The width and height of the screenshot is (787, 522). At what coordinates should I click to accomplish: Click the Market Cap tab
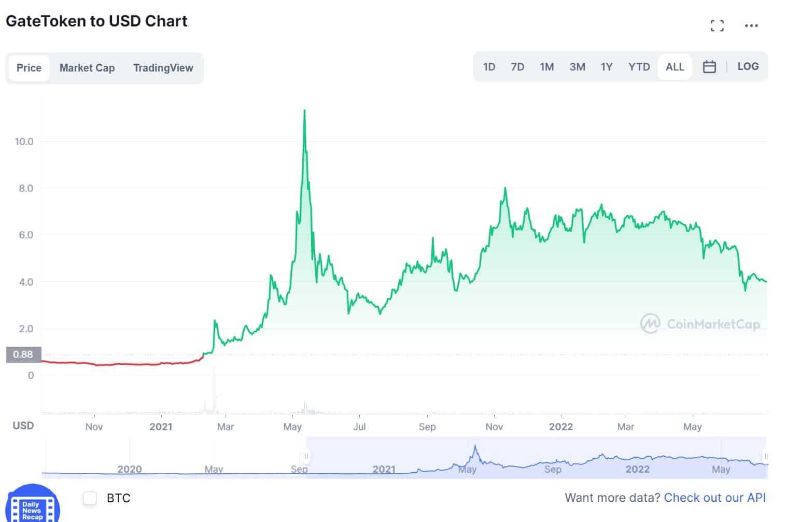pos(87,68)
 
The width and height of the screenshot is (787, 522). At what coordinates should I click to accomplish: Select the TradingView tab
pos(163,68)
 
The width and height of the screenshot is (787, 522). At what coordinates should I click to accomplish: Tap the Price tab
pos(29,68)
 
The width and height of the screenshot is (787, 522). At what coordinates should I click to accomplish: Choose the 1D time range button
pos(489,67)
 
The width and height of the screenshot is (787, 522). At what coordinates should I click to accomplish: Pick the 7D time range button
pos(517,67)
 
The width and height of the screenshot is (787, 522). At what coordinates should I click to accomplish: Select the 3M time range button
pos(577,67)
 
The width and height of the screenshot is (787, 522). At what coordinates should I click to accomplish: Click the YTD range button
pos(639,67)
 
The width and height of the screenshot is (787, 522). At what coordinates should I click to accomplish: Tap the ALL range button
pos(674,67)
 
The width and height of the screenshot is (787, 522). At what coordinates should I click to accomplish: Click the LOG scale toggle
pos(748,66)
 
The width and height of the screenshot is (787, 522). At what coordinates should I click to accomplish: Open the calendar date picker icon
pos(709,67)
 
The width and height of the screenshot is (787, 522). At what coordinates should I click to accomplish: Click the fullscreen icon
pos(717,25)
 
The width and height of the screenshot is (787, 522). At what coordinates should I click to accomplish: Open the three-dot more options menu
pos(751,25)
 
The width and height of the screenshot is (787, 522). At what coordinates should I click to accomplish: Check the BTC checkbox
pos(90,498)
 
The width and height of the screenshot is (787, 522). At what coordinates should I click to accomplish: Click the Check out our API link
pos(714,498)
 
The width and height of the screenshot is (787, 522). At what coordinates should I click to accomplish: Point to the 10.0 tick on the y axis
pos(24,142)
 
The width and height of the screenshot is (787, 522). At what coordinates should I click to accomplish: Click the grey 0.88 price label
pos(23,355)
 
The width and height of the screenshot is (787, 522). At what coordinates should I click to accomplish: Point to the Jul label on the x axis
pos(359,427)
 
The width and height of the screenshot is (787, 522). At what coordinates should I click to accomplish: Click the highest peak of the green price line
pos(304,111)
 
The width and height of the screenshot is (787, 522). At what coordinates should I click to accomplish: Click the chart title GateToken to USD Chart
pos(96,21)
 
